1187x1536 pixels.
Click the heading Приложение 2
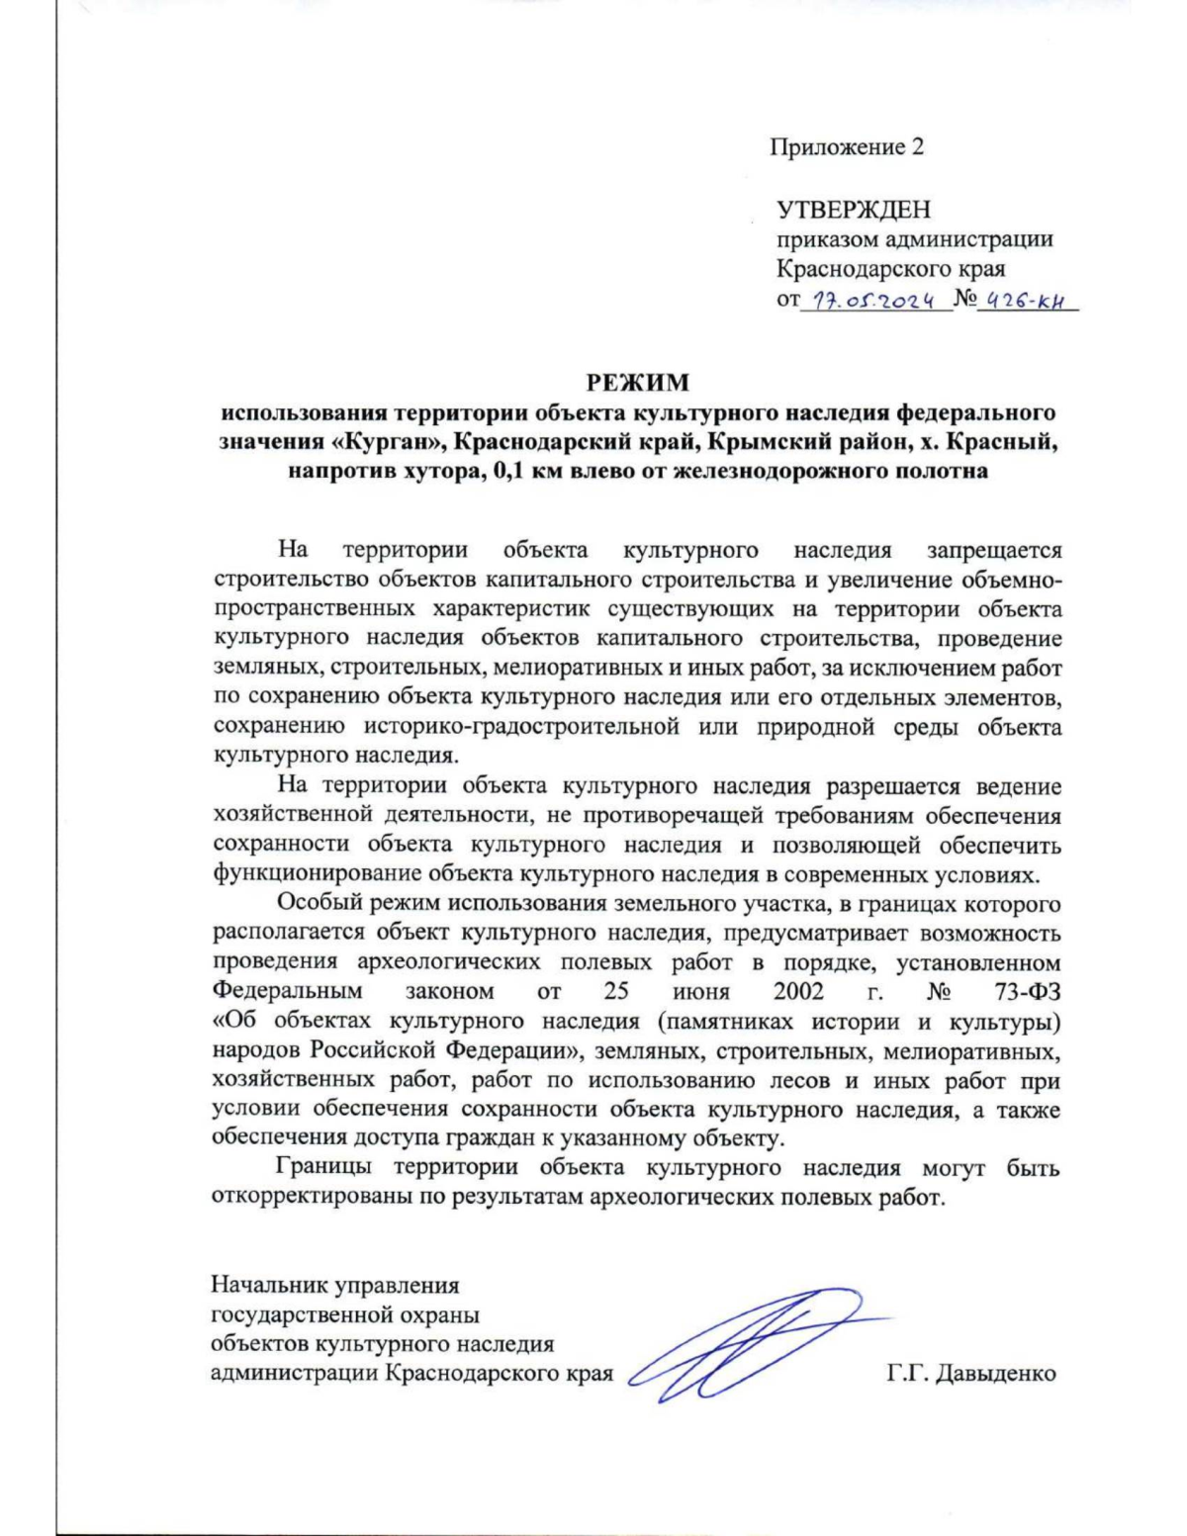pyautogui.click(x=847, y=147)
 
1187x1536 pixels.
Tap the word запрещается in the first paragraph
pyautogui.click(x=993, y=549)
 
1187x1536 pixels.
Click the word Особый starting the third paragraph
pyautogui.click(x=315, y=904)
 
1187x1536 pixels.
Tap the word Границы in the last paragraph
pyautogui.click(x=325, y=1168)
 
